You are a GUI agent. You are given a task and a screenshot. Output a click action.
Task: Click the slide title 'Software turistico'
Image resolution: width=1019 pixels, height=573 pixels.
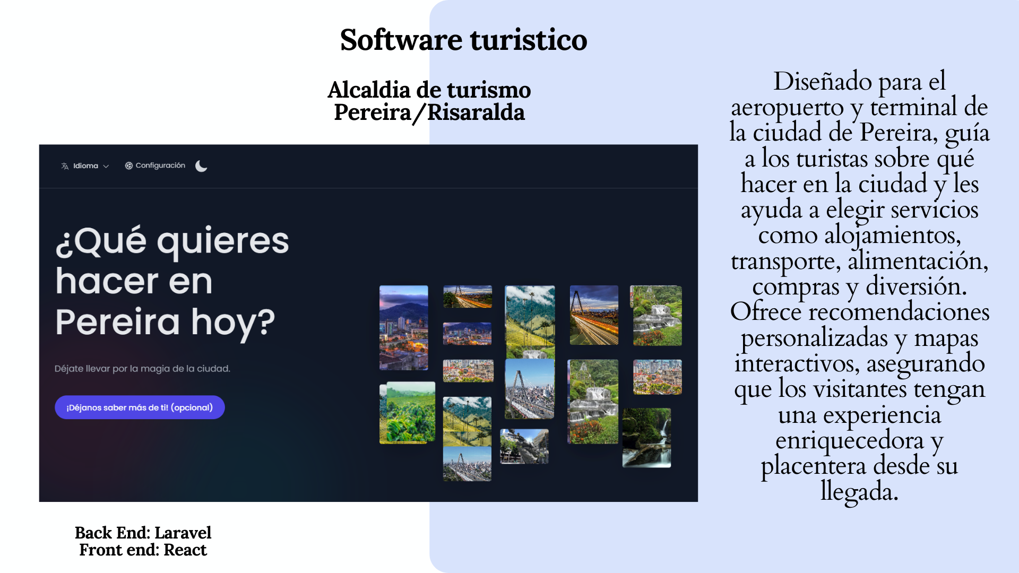tap(463, 40)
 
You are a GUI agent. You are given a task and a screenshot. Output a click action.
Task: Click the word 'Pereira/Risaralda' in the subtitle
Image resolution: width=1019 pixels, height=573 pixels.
tap(429, 112)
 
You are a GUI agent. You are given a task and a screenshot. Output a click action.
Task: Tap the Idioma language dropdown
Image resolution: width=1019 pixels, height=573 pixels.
tap(85, 166)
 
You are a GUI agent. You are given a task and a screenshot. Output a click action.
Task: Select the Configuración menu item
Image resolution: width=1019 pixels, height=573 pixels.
tap(155, 166)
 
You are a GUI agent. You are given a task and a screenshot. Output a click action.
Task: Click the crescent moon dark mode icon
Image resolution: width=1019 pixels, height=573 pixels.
tap(201, 166)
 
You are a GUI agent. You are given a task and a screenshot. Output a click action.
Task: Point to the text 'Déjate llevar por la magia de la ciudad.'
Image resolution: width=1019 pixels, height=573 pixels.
tap(142, 369)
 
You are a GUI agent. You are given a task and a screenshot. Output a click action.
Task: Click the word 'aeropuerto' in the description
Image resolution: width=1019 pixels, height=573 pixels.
tap(787, 108)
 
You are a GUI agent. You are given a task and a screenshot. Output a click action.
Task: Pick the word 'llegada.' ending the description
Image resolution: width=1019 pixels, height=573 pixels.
tap(859, 491)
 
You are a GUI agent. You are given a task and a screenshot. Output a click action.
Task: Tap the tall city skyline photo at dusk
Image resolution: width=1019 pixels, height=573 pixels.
tap(404, 327)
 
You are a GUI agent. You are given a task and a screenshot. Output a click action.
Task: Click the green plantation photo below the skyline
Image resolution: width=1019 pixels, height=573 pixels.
tap(407, 413)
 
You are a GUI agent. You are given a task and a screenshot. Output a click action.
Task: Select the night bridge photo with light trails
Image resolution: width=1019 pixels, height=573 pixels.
tap(594, 315)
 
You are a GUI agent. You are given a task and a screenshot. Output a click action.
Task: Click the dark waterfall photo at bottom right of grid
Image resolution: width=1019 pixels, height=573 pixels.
tap(646, 438)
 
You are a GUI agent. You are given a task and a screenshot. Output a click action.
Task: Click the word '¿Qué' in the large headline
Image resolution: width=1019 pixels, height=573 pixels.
tap(101, 241)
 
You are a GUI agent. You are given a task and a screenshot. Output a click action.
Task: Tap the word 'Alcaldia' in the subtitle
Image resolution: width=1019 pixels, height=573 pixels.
tap(369, 90)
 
